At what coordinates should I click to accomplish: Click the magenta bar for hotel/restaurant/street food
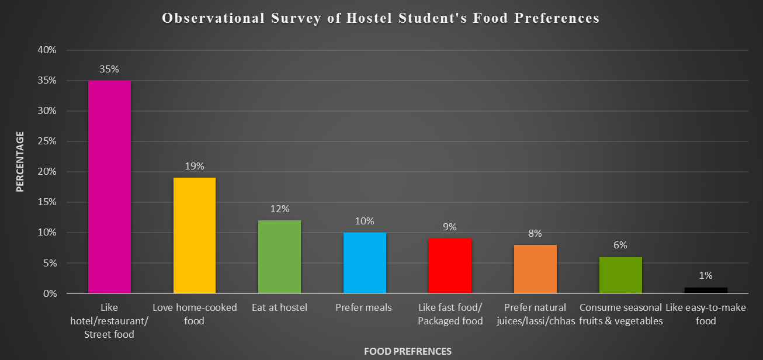click(x=109, y=187)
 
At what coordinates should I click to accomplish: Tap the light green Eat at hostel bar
click(x=279, y=257)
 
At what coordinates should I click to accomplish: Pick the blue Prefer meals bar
click(x=365, y=263)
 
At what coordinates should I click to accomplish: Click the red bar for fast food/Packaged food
click(x=450, y=266)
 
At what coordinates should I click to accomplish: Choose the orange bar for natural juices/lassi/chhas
click(x=535, y=269)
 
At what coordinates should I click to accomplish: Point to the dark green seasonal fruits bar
click(x=620, y=275)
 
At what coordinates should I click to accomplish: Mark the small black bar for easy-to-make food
click(x=706, y=290)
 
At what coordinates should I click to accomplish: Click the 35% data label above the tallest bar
click(x=109, y=69)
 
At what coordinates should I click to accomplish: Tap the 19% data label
click(x=195, y=166)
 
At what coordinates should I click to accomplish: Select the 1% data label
click(x=706, y=275)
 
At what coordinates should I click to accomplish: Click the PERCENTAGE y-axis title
click(x=20, y=162)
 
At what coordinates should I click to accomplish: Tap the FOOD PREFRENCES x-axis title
click(x=407, y=351)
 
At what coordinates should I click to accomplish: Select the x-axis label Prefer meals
click(x=363, y=307)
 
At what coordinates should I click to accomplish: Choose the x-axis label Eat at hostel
click(x=279, y=307)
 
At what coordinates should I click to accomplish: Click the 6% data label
click(x=620, y=245)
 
